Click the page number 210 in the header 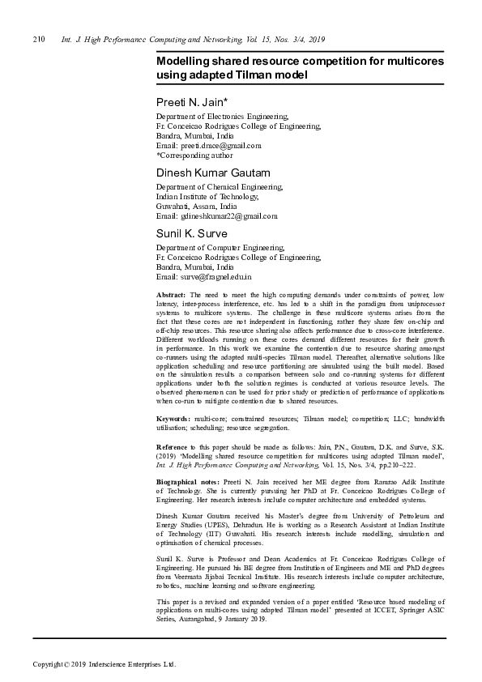[37, 39]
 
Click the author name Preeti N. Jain [191, 103]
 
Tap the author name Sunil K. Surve [191, 234]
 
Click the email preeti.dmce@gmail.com [208, 146]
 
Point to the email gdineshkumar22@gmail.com [216, 216]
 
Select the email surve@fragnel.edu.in [203, 277]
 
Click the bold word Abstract [171, 294]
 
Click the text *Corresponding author [194, 156]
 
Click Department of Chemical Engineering [219, 187]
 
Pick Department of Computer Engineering [220, 248]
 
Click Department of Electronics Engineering [221, 117]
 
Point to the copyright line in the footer [104, 665]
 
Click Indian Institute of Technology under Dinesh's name [207, 197]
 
